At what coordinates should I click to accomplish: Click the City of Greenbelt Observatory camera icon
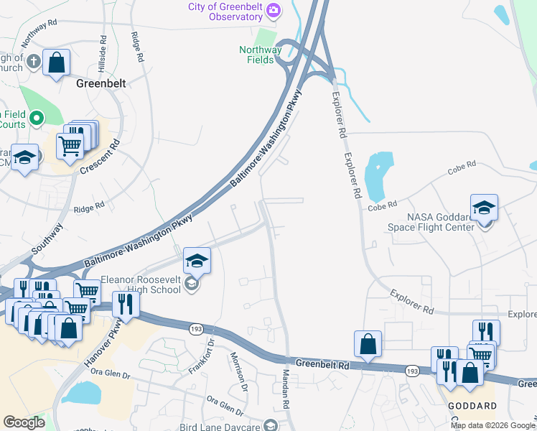[x=273, y=11]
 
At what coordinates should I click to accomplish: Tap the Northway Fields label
[x=260, y=55]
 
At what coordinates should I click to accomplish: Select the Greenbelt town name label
[x=101, y=83]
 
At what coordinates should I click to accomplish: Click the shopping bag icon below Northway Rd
[x=56, y=62]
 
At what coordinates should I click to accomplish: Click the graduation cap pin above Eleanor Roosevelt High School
[x=197, y=261]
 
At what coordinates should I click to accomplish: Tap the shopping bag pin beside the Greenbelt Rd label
[x=368, y=344]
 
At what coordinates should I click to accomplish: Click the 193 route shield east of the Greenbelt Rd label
[x=411, y=371]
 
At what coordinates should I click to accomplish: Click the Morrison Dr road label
[x=239, y=371]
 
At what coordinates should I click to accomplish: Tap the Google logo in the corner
[x=24, y=422]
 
